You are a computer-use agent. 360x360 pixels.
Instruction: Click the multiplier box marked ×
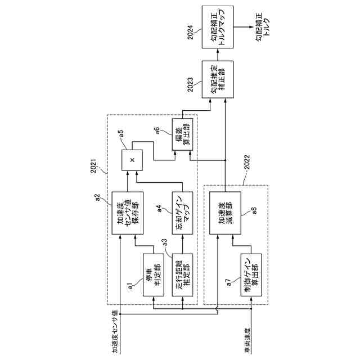[132, 160]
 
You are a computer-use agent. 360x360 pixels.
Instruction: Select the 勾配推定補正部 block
[217, 79]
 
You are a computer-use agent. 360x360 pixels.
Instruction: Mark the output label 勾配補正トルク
[263, 25]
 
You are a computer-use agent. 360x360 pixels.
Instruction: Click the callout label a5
[121, 134]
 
